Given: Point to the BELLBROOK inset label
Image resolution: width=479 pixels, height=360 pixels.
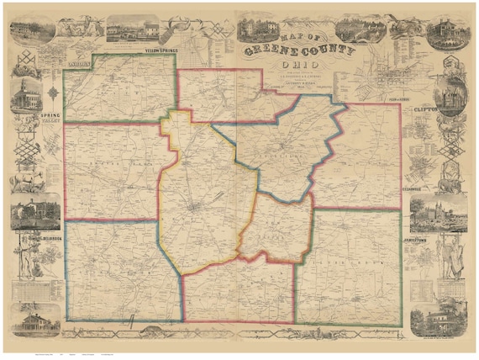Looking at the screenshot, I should pos(42,236).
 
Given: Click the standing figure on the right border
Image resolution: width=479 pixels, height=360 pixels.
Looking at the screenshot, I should pos(455,256).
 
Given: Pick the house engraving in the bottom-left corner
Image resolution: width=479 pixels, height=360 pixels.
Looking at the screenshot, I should pos(35,322).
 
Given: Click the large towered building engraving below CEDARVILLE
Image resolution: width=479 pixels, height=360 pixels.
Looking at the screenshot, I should pos(443,214).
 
